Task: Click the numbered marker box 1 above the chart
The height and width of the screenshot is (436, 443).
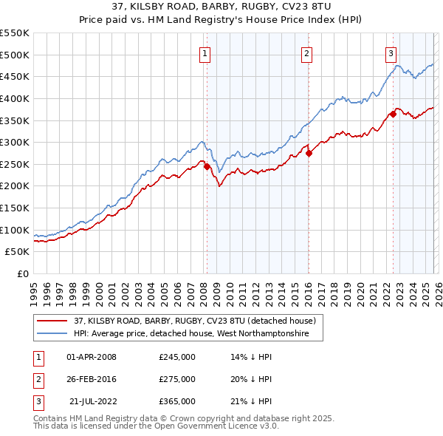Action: (x=204, y=52)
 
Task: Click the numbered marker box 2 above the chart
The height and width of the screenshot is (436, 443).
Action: (x=306, y=52)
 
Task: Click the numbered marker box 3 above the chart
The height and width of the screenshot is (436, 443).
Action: (x=391, y=52)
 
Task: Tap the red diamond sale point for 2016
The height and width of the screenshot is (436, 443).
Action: (x=309, y=153)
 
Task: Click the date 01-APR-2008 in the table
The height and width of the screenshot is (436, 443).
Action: (x=92, y=357)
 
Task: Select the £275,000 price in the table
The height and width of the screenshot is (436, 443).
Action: (x=177, y=379)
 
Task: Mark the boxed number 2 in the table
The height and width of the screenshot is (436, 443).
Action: (x=37, y=379)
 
